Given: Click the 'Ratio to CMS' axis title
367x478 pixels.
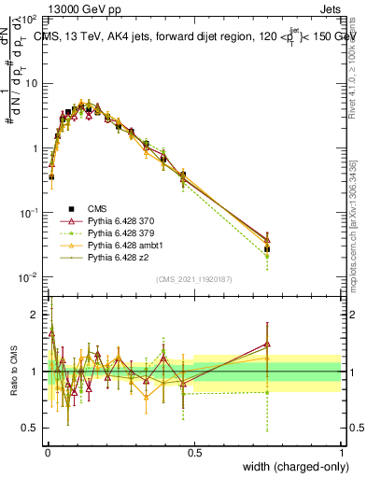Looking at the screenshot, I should (14, 372).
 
